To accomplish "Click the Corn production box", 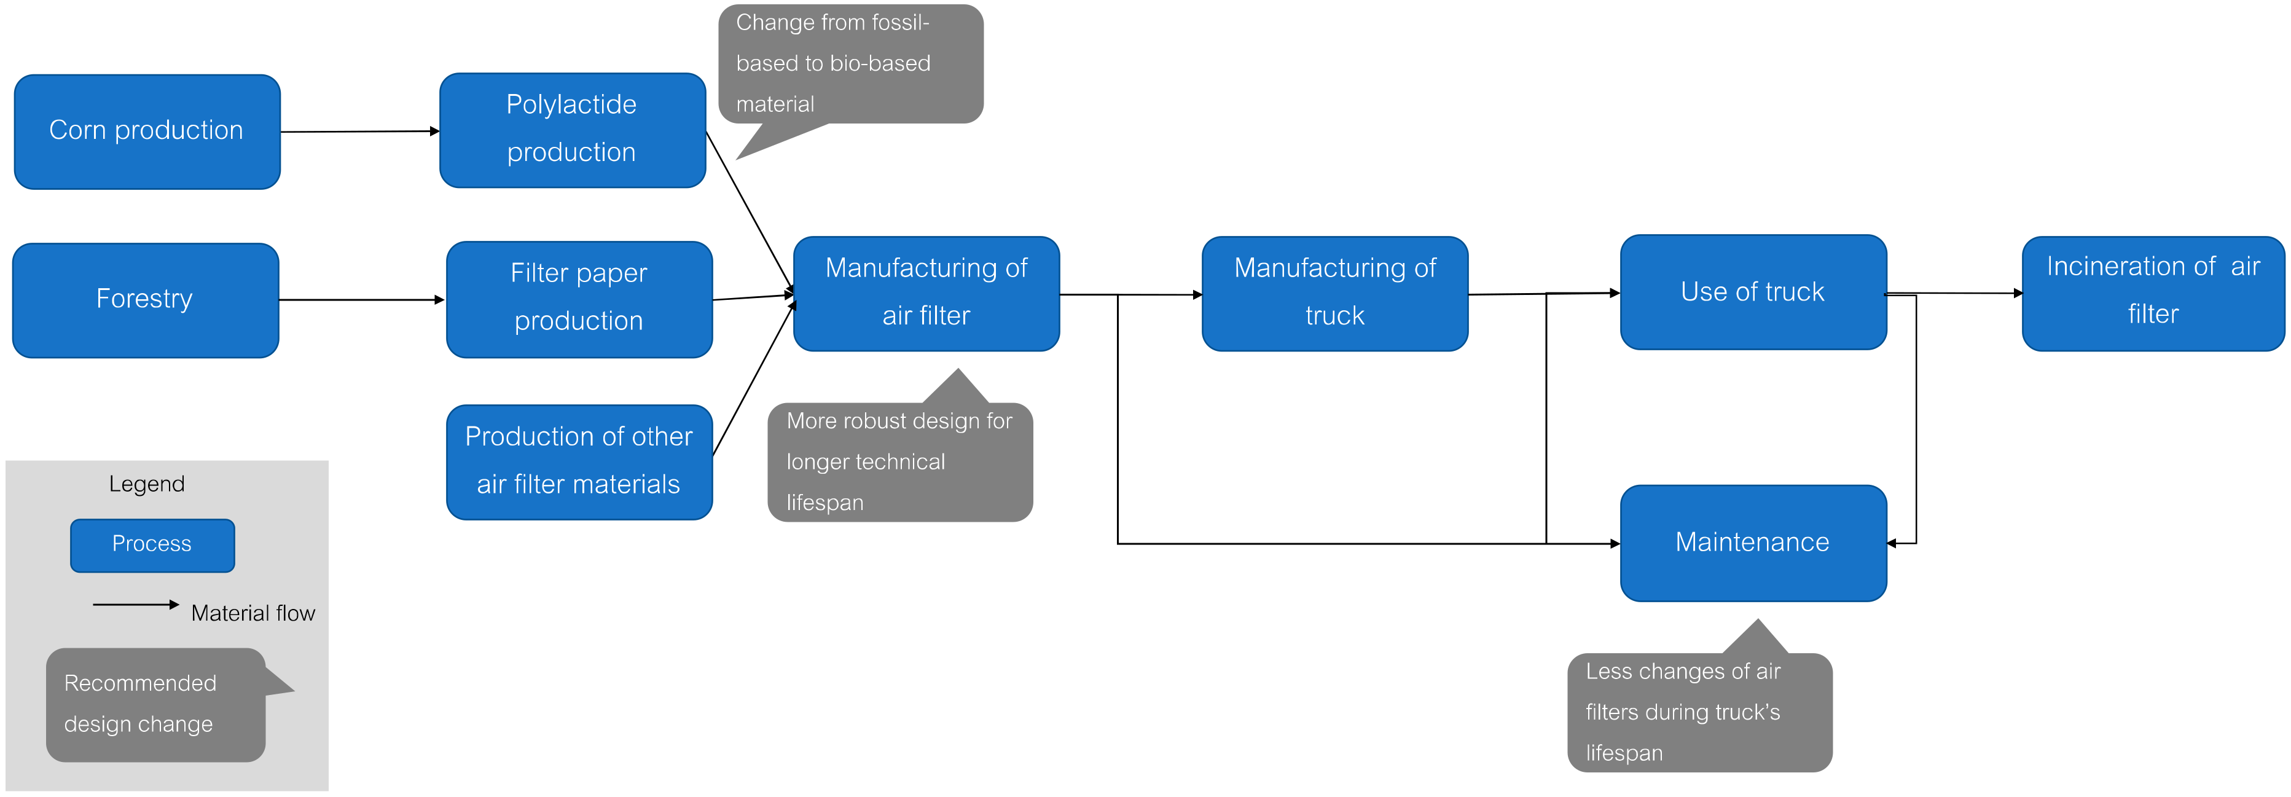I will tap(147, 132).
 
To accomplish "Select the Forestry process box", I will tap(145, 300).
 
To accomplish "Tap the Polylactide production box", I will tap(572, 130).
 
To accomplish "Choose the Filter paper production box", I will tap(579, 299).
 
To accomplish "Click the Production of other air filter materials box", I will tap(579, 461).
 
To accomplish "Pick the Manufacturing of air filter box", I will tap(926, 294).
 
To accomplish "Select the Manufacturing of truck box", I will tap(1334, 294).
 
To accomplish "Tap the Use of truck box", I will tap(1752, 292).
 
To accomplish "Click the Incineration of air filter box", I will tap(2152, 292).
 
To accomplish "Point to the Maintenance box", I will tap(1752, 543).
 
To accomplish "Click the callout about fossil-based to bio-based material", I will tap(850, 64).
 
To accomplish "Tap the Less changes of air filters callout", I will tap(1699, 712).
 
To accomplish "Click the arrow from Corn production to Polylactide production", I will tap(360, 132).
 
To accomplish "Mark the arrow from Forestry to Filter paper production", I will tap(360, 300).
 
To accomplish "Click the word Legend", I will tap(147, 484).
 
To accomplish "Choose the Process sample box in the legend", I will tap(152, 544).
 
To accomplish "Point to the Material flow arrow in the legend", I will tap(135, 605).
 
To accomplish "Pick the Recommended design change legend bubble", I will tap(155, 704).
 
